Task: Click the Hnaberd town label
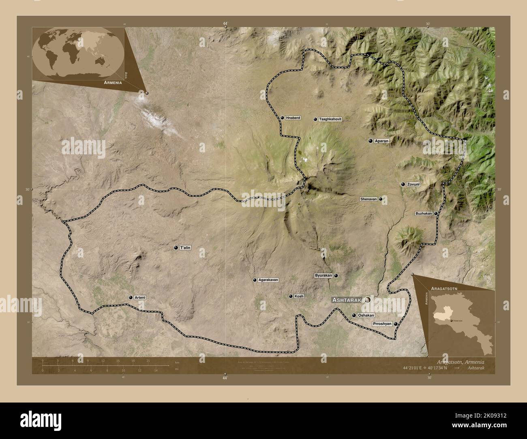pyautogui.click(x=293, y=118)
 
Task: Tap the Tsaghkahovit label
pyautogui.click(x=330, y=119)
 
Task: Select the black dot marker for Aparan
pyautogui.click(x=370, y=141)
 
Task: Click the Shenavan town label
pyautogui.click(x=369, y=199)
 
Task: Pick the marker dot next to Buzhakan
pyautogui.click(x=436, y=213)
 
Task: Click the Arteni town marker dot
pyautogui.click(x=131, y=298)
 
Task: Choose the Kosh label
pyautogui.click(x=299, y=296)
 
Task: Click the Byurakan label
pyautogui.click(x=323, y=275)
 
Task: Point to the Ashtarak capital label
pyautogui.click(x=347, y=300)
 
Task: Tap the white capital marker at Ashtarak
pyautogui.click(x=367, y=300)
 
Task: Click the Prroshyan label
pyautogui.click(x=382, y=324)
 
